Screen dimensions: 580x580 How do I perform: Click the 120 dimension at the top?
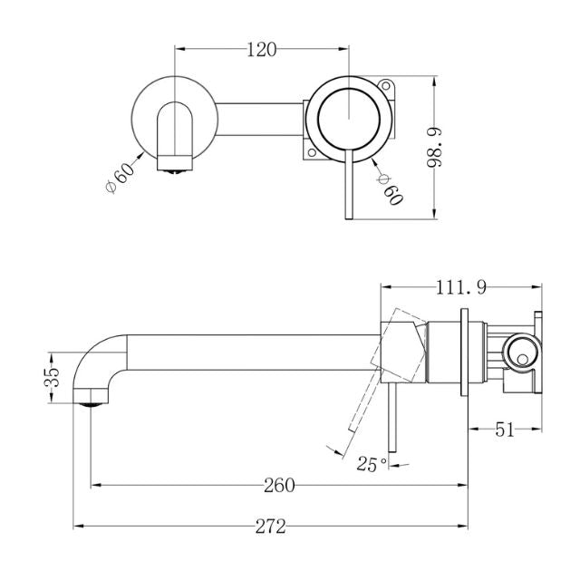261,49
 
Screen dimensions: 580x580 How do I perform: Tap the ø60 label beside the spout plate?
121,174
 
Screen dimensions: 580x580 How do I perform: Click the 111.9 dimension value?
462,288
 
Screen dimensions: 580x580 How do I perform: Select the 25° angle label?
372,464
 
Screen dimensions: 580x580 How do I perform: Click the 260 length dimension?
278,485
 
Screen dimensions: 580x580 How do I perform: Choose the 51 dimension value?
504,430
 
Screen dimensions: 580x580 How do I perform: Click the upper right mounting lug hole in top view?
391,89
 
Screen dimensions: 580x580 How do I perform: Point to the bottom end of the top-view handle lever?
346,214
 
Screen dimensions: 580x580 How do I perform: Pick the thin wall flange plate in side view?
466,353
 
